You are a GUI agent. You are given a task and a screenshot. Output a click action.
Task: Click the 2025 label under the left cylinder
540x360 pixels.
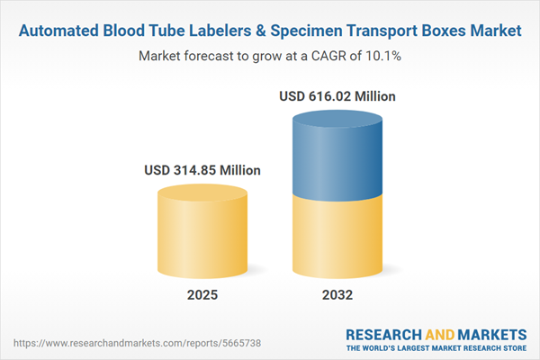[x=202, y=294]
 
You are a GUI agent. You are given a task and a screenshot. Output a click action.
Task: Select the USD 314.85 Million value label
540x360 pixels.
[x=202, y=169]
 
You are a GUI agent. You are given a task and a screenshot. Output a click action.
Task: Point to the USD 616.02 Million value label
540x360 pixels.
[x=337, y=95]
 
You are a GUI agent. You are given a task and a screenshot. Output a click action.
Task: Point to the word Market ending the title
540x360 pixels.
[x=494, y=31]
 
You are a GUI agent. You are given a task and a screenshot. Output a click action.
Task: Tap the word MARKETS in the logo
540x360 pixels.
[x=490, y=333]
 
